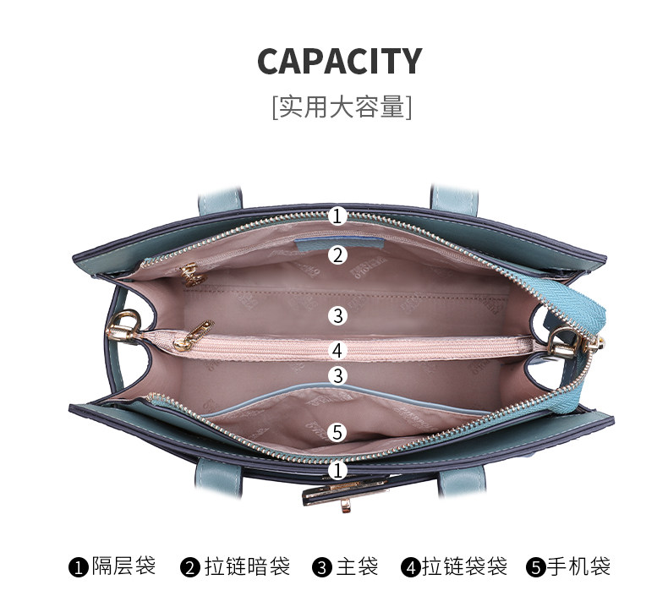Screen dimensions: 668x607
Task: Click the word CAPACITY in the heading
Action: coord(339,62)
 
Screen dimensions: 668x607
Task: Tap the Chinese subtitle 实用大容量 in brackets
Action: coord(342,107)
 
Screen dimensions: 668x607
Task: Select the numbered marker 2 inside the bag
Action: coord(337,254)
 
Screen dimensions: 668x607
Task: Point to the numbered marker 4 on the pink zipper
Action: coord(337,349)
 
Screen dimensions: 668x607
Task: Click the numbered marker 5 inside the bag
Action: coord(337,432)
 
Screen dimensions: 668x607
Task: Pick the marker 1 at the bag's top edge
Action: coord(337,216)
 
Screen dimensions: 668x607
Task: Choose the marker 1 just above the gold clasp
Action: coord(337,469)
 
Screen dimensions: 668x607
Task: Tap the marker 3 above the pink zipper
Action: coord(337,315)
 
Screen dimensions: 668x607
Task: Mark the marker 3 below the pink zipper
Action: coord(337,375)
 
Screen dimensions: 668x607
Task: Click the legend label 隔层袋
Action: coord(123,566)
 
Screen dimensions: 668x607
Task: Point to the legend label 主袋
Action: coord(357,566)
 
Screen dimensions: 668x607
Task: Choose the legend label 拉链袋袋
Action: coord(464,566)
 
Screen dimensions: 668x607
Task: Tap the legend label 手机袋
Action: coord(578,566)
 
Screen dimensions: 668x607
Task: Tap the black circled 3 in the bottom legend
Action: coord(322,566)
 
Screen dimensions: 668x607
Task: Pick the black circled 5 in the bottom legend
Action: coord(535,566)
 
